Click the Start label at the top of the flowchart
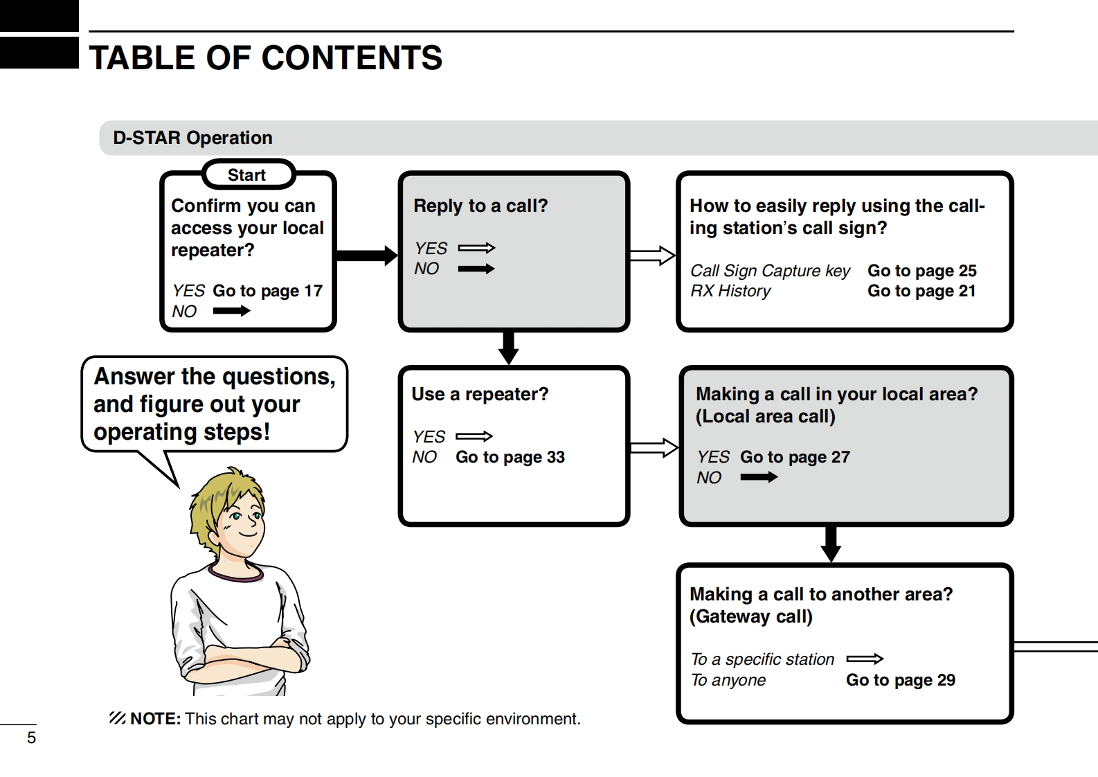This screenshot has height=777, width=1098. point(247,175)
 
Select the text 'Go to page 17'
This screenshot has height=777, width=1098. point(267,291)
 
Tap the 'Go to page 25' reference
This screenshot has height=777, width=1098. point(921,271)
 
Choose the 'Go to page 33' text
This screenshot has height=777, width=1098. point(510,457)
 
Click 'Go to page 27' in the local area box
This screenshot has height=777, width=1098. point(794,457)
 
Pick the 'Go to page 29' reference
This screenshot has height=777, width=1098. point(900,680)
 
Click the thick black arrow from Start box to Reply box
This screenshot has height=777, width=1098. point(366,256)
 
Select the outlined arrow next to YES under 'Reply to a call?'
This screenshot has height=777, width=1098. point(476,248)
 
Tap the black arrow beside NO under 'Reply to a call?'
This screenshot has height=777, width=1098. point(476,269)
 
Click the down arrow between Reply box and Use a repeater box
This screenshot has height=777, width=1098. point(509,348)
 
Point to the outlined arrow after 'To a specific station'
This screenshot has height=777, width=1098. point(865,659)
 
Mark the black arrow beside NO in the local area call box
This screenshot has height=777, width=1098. point(759,477)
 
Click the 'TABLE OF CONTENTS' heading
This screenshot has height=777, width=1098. point(266,58)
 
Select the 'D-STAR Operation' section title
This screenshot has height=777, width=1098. point(192,138)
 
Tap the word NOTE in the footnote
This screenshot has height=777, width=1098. point(155,719)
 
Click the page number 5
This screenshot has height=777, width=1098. point(31,738)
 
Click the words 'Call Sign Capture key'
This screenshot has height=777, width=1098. point(770,271)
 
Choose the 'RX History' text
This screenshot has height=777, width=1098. point(730,291)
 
